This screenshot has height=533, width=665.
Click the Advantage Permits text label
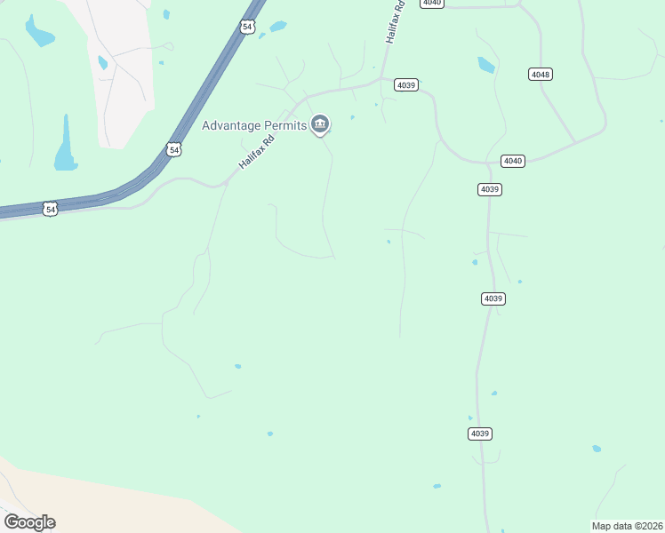tap(253, 124)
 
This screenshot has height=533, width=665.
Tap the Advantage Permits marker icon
tap(320, 124)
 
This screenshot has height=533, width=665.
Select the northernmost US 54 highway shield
tap(247, 27)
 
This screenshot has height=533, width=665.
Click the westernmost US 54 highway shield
tap(51, 210)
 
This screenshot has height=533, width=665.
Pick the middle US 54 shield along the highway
tap(174, 150)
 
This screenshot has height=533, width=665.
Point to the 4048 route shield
tap(540, 74)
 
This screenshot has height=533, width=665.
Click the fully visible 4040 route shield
tap(513, 161)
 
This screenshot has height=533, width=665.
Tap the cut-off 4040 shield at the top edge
tap(432, 3)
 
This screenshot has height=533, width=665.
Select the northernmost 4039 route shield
tap(406, 84)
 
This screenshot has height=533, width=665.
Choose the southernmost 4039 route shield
tap(479, 434)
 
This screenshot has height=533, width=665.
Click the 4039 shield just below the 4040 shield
tap(490, 189)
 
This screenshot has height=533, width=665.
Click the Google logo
tap(29, 521)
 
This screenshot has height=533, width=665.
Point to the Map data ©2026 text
tap(628, 526)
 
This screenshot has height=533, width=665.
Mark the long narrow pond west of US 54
tap(66, 147)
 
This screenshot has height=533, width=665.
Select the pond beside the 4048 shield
tap(486, 65)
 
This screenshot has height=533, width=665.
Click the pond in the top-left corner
tap(38, 32)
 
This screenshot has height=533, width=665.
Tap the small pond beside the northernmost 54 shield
tap(278, 27)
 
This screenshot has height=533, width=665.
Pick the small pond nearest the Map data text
tap(597, 449)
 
